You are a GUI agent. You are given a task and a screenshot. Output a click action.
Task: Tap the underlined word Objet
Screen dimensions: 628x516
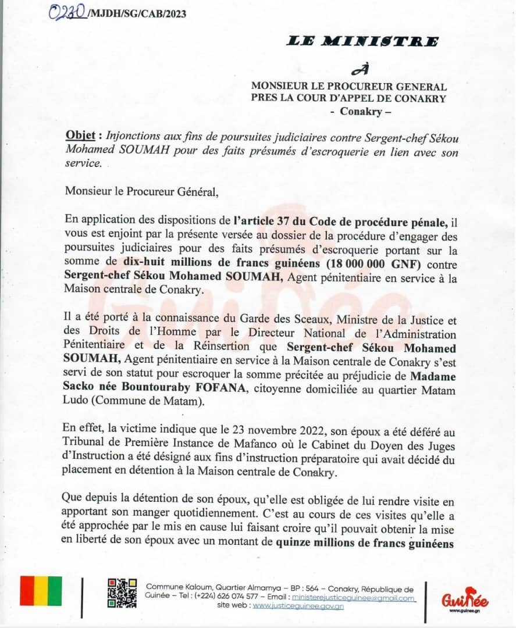click(80, 135)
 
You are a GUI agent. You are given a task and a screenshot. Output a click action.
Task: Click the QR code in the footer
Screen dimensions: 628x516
click(122, 593)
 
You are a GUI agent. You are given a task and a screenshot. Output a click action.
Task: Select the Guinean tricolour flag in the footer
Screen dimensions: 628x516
click(41, 591)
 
